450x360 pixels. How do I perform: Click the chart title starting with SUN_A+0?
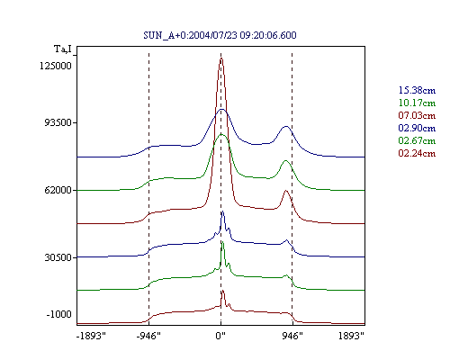point(220,35)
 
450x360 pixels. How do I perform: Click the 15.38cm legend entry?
point(417,90)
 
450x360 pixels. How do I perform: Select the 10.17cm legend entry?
point(417,103)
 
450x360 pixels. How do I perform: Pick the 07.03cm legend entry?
point(417,115)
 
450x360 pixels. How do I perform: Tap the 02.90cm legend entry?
point(417,128)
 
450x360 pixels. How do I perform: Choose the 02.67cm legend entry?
point(417,140)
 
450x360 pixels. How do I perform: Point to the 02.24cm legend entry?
point(417,153)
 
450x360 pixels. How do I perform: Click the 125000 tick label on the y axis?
point(56,66)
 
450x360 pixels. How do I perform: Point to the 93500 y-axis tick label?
point(58,122)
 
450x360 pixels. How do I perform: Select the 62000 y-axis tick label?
point(58,190)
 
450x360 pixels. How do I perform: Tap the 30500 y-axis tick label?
point(58,257)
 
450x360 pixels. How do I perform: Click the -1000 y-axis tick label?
point(59,314)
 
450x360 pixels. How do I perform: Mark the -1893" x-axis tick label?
point(91,336)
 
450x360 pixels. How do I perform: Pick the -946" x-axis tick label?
point(148,336)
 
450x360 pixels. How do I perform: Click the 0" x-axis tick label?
point(220,336)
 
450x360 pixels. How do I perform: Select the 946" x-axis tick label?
point(292,336)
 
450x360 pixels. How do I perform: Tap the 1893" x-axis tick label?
point(351,336)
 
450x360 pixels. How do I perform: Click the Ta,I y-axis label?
point(63,49)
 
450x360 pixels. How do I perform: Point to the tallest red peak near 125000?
point(221,58)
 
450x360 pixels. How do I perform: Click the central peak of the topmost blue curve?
point(221,110)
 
